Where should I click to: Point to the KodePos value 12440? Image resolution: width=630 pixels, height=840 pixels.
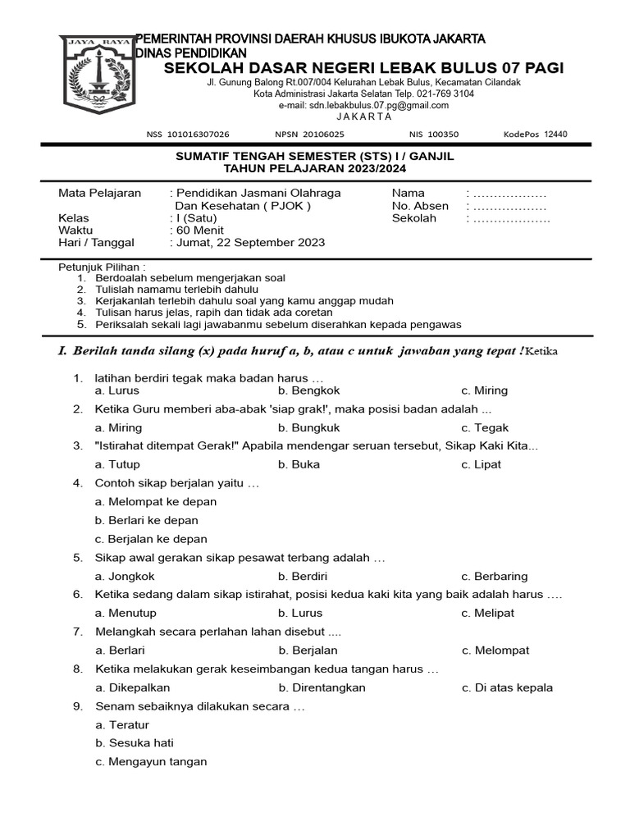[550, 135]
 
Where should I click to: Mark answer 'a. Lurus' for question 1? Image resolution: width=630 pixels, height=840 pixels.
[116, 390]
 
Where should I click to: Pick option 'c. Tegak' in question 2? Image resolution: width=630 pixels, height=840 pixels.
[485, 427]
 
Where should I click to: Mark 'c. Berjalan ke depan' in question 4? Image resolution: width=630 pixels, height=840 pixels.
[151, 539]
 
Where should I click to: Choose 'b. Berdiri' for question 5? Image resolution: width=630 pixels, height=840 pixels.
[300, 576]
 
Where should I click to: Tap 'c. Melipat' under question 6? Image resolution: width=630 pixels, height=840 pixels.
[489, 613]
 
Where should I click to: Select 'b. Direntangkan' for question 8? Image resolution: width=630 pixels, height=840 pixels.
[322, 687]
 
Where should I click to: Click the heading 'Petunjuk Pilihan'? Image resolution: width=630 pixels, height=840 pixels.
[102, 267]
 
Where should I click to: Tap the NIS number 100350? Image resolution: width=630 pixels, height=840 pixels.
[442, 135]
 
